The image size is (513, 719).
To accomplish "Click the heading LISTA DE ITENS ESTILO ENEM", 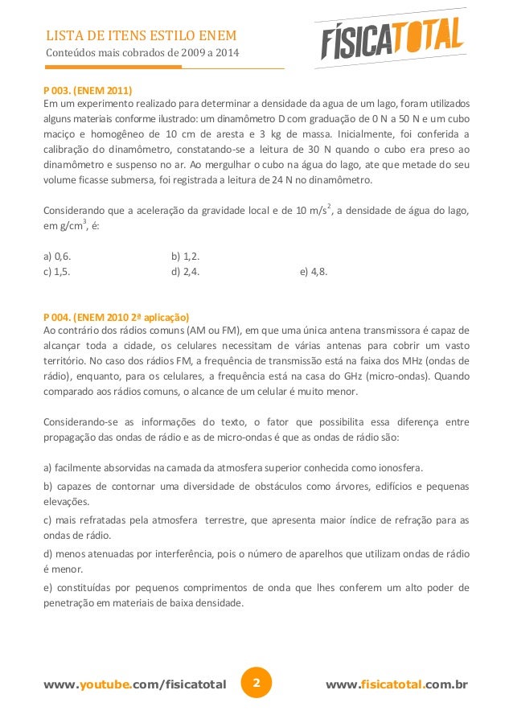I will click(x=140, y=36).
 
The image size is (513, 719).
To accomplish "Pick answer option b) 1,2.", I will click(x=186, y=257).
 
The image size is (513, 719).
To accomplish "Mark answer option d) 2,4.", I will click(x=186, y=271).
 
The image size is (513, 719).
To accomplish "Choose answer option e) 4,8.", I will click(x=314, y=271).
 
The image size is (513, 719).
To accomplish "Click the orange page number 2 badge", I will click(x=256, y=684).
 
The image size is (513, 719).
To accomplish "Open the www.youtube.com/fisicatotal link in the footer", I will click(x=135, y=685).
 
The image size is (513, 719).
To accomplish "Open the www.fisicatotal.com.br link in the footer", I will click(x=396, y=685).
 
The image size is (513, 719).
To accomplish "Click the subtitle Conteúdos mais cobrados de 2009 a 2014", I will click(x=142, y=54).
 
